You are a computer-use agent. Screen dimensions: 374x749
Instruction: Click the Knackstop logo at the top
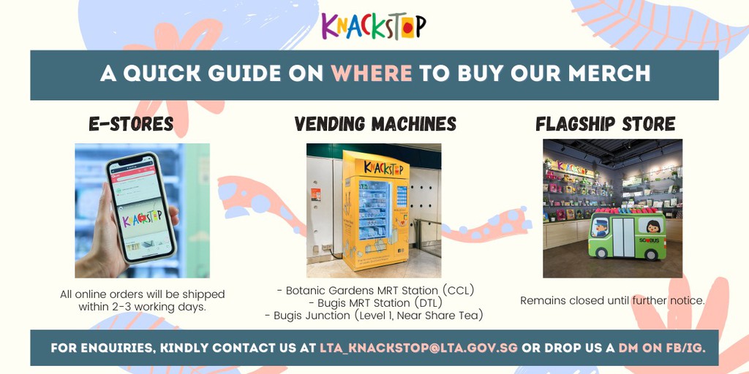tap(374, 26)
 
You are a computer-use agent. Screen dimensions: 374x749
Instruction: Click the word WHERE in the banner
tap(372, 74)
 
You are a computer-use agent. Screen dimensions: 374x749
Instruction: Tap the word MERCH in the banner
tap(614, 74)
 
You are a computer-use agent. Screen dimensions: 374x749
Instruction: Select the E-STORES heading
tap(131, 124)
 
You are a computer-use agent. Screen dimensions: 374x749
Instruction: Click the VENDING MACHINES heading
tap(375, 124)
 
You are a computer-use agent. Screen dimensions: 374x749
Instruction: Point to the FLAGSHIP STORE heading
tap(605, 124)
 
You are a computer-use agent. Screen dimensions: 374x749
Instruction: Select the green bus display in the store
tap(626, 235)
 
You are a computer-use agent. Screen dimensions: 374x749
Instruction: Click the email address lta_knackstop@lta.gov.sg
tap(418, 348)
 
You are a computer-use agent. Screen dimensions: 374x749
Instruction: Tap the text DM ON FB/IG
tap(662, 348)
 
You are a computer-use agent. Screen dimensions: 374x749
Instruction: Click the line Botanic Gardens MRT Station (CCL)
tap(375, 290)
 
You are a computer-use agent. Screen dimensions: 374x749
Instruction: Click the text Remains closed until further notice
tap(612, 300)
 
